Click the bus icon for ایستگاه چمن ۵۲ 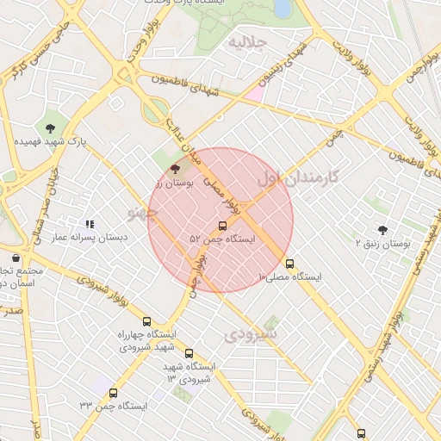pos(223,226)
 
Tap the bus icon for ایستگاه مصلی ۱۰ pos(289,264)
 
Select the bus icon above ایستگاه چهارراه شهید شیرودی pos(146,321)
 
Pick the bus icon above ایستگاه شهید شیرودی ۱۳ pos(189,353)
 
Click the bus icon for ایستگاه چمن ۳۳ pos(114,393)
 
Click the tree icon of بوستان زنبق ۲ pos(382,230)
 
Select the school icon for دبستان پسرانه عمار pos(90,225)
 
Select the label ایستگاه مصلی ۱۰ pos(290,276)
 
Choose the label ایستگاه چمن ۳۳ pos(114,405)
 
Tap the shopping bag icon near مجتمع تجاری pos(16,258)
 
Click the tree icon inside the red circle pos(177,170)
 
